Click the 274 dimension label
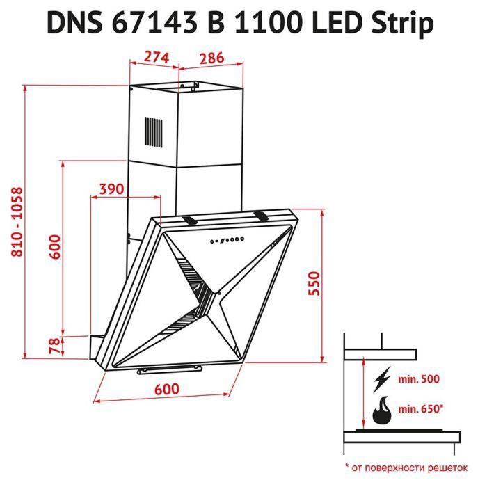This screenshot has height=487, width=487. click(x=157, y=57)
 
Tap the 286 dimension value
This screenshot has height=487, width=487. click(x=211, y=58)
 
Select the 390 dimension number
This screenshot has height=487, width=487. click(x=111, y=189)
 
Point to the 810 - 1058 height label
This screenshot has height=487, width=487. click(x=17, y=222)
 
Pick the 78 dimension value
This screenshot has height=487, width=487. click(x=54, y=345)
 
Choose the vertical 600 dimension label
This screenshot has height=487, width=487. click(x=55, y=246)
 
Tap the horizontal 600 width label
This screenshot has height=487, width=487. click(x=167, y=389)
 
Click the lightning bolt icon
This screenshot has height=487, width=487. click(x=382, y=380)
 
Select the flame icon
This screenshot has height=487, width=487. click(x=382, y=410)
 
